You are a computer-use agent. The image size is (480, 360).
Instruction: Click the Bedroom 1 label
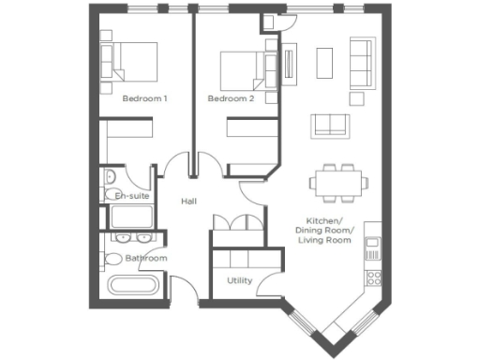[144, 98]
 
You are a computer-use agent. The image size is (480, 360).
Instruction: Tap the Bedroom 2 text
[231, 98]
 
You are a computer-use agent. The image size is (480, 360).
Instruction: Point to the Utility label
[239, 280]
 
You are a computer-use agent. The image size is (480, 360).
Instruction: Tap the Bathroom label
[147, 258]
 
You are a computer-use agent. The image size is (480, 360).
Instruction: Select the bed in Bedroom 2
[243, 67]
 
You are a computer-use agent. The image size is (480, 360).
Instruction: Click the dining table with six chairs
[333, 183]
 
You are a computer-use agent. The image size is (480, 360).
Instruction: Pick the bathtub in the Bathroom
[132, 287]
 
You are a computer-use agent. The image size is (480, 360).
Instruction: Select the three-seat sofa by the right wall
[360, 60]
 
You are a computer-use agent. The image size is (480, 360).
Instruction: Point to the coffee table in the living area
[324, 62]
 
